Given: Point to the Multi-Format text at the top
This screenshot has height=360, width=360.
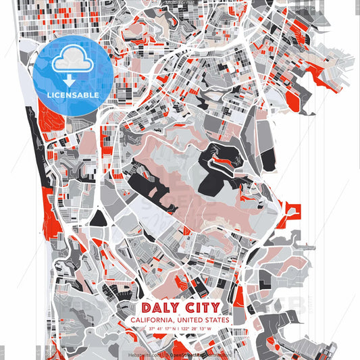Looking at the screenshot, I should [x=180, y=3].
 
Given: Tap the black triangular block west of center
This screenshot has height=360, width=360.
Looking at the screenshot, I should [x=98, y=217].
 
